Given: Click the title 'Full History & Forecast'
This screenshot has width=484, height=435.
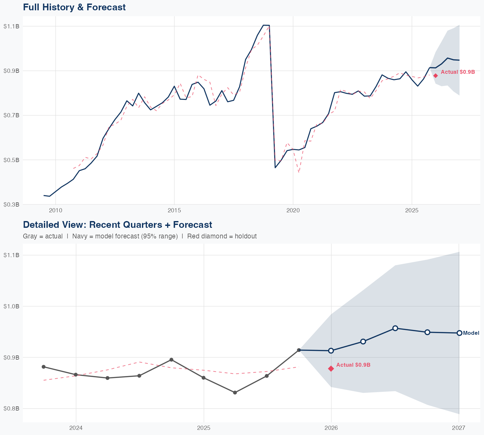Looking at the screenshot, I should coord(74,7).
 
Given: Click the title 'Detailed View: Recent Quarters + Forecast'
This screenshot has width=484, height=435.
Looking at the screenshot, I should coord(117,225).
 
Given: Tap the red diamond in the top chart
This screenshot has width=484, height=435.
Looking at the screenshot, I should coord(436,76).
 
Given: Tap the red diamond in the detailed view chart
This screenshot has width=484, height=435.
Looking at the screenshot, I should coord(331,369).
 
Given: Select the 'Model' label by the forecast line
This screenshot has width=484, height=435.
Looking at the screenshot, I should coord(471,333).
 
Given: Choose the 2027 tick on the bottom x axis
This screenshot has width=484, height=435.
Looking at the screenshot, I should coord(459,428).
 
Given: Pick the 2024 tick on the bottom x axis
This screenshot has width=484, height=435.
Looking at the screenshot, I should coord(76,428).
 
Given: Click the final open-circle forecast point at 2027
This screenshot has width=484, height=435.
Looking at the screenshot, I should coord(459,333).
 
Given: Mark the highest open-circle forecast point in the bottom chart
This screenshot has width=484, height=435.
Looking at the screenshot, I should coord(395,328).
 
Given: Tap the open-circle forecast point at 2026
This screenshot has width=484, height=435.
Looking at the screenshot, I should coord(331,351).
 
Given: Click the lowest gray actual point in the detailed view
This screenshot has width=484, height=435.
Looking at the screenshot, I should coord(235,392).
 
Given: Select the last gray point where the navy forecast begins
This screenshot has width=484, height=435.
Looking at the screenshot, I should coord(299,350).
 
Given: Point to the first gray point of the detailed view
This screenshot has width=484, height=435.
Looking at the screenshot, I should coord(44,367).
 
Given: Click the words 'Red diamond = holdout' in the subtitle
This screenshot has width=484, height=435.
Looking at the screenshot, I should coord(222,236).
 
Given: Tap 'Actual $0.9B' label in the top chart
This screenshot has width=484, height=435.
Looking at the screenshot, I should coord(458,72).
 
